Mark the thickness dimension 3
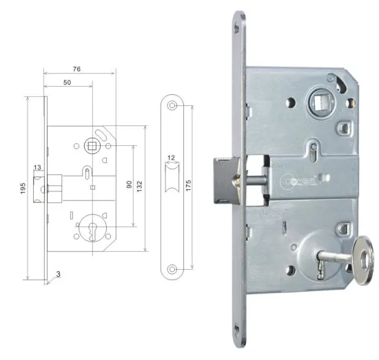[x=59, y=274]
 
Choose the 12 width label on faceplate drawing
[x=171, y=157]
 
